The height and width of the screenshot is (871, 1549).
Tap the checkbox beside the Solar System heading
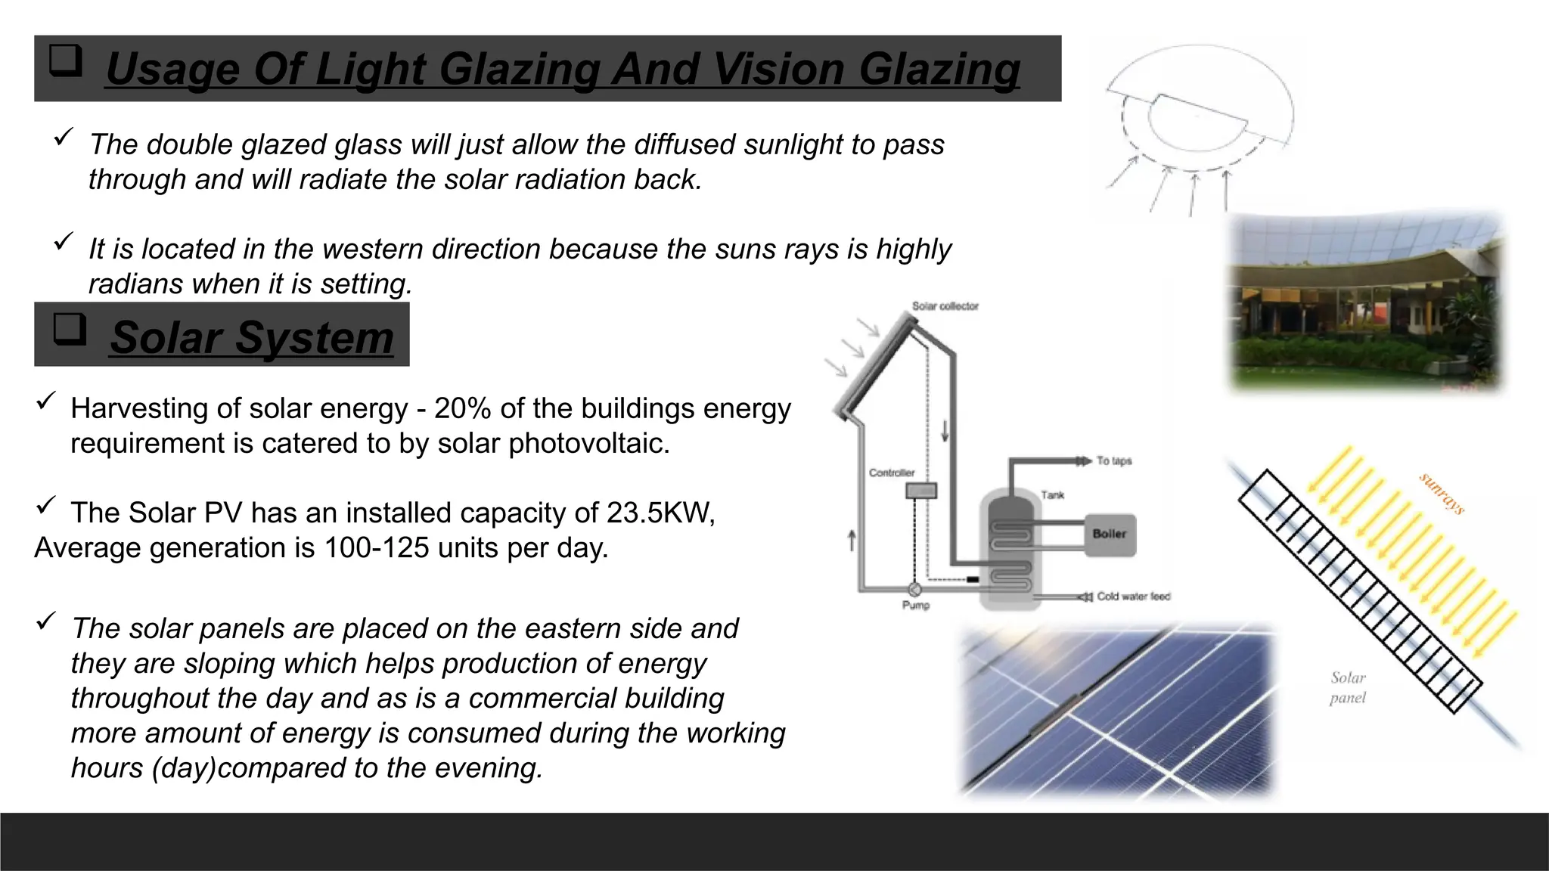(70, 330)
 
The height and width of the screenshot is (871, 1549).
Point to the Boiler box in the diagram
(1110, 535)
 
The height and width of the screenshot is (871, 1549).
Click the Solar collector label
(945, 306)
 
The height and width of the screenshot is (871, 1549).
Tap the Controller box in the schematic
(921, 491)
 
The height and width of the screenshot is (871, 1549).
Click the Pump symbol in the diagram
(914, 589)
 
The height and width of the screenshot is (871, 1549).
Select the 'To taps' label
(1114, 460)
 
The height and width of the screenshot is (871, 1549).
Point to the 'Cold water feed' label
(1133, 597)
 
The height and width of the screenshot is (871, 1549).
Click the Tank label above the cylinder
(1052, 495)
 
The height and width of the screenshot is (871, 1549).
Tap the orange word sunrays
(1442, 494)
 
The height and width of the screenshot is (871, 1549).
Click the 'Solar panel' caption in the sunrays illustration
(1348, 687)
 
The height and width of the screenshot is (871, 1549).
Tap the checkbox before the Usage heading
(66, 60)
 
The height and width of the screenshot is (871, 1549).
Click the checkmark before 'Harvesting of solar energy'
(45, 401)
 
